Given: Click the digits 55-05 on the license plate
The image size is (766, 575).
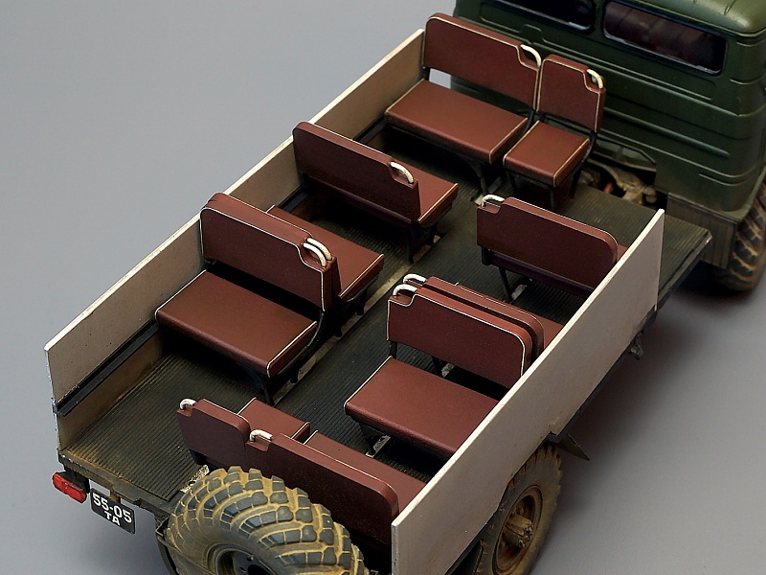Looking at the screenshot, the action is tap(112, 504).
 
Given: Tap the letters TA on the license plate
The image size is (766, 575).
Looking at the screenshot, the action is tap(112, 518).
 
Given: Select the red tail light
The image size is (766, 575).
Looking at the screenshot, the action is tap(69, 487).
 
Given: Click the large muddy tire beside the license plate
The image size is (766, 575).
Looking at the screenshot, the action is tap(264, 523).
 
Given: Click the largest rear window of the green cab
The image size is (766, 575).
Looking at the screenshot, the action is tap(664, 36).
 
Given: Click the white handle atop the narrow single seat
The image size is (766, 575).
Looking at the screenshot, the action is tap(595, 78).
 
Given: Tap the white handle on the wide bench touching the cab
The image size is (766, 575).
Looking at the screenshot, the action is tap(531, 54).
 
